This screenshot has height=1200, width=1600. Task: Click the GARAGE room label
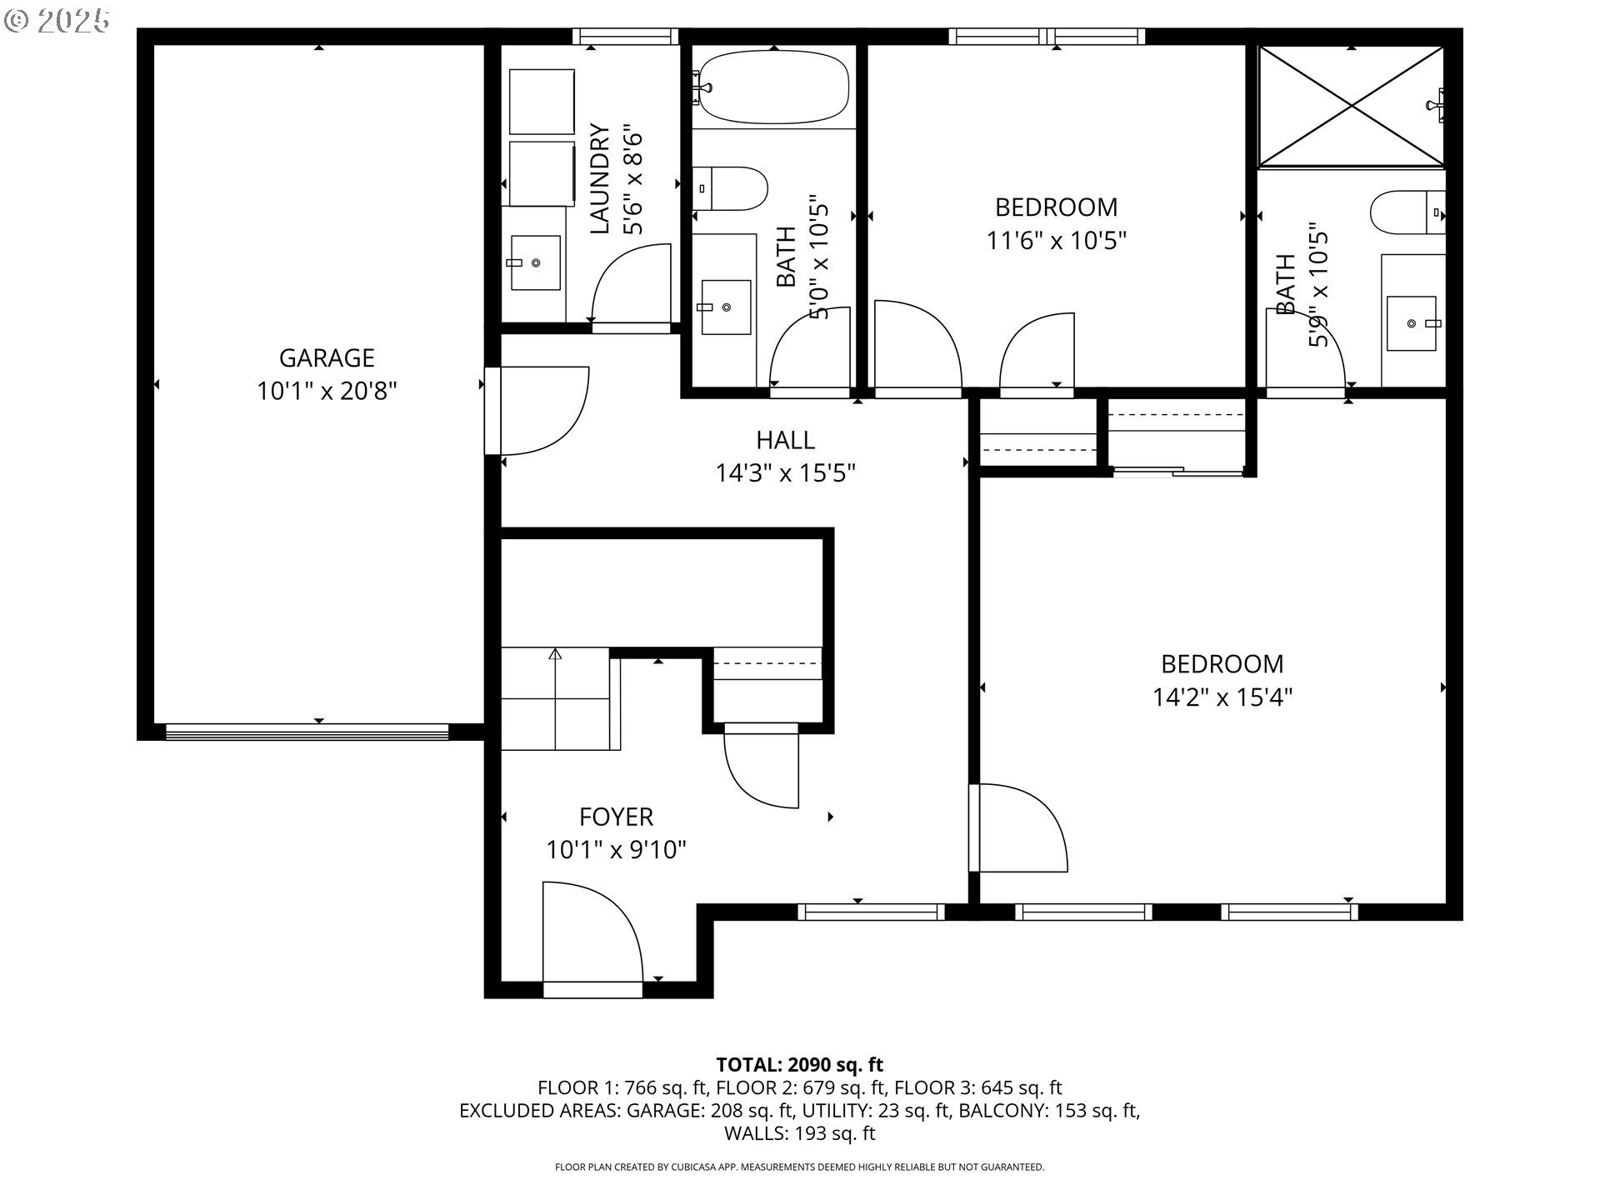coord(326,357)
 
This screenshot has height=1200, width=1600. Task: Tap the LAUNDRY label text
coord(600,179)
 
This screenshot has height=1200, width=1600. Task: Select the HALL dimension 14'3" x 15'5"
coord(785,473)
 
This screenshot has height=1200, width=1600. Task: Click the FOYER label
coord(616,817)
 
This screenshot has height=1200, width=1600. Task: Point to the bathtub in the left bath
coord(773,87)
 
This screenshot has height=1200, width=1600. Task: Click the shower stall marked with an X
coord(1351,106)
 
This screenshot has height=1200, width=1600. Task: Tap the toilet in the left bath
coord(730,189)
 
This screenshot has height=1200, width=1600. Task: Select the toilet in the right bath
coord(1407,212)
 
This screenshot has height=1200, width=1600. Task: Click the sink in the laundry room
coord(535,262)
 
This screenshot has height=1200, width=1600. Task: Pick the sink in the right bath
coord(1411,322)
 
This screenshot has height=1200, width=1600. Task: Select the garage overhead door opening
coord(307,732)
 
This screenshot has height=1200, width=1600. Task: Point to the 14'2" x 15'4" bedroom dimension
coord(1222,697)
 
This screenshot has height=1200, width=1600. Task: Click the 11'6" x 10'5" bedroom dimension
coord(1056,241)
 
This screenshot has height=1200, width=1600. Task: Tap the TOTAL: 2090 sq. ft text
coord(799,1064)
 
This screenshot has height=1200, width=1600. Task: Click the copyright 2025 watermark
coord(57,20)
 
